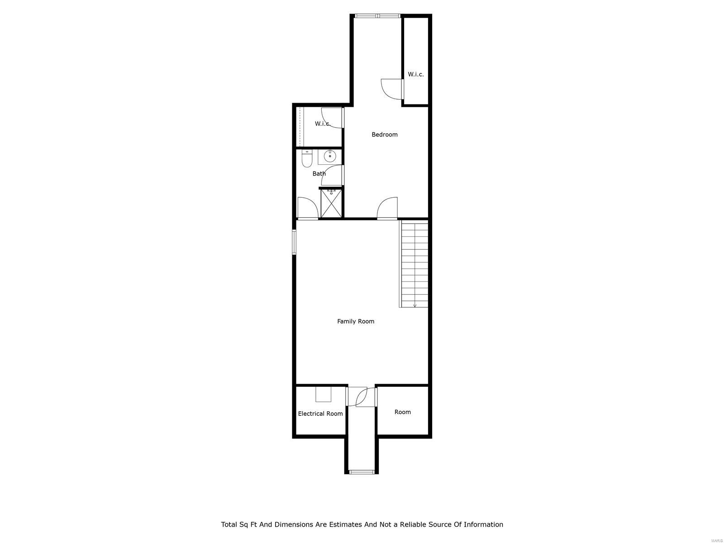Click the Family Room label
[356, 321]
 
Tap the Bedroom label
[385, 134]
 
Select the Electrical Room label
[320, 414]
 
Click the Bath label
[319, 173]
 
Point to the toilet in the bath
[307, 158]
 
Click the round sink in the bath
[330, 157]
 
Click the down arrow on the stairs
[415, 305]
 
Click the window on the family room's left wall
[294, 242]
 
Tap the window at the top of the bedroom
[378, 16]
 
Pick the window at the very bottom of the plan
[362, 472]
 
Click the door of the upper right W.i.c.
[392, 89]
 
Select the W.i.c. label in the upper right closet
[416, 74]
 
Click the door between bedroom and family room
[388, 208]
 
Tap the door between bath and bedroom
[333, 176]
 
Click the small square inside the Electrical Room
[323, 394]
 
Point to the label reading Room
[402, 412]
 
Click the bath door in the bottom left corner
[307, 209]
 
